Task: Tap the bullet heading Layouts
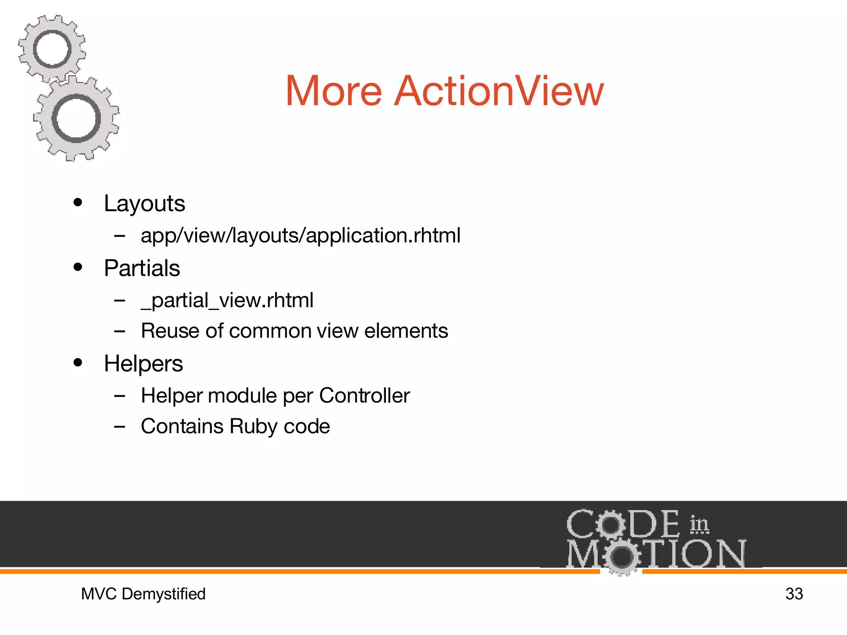[x=144, y=204]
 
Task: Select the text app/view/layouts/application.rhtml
[x=300, y=236]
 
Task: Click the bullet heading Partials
[x=142, y=268]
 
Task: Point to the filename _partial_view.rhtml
[x=227, y=301]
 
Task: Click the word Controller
[x=364, y=396]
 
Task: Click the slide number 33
[x=794, y=594]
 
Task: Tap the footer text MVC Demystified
[x=143, y=594]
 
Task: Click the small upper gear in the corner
[x=52, y=49]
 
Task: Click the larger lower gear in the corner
[x=76, y=119]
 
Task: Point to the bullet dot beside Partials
[x=78, y=267]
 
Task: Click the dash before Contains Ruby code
[x=120, y=426]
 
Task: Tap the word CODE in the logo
[x=622, y=524]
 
